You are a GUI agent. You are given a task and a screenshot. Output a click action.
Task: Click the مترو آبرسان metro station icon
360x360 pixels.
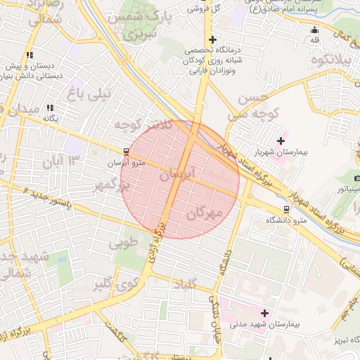pos(126,151)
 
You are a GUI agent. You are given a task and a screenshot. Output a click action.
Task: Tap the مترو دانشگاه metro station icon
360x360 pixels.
pos(286,209)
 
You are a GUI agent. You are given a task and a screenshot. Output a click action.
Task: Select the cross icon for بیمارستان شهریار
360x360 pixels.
pos(282,141)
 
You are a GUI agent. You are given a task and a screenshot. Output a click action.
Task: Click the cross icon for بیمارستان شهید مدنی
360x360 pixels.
pos(264,313)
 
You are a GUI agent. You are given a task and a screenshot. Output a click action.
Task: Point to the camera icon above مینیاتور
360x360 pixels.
pos(357,178)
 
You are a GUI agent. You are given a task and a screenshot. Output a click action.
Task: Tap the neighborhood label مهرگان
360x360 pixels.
pos(204,213)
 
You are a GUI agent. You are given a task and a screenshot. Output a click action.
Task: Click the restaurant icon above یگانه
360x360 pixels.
pos(50,108)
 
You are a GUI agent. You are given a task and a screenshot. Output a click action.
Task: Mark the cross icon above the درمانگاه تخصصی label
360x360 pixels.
pos(212,39)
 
